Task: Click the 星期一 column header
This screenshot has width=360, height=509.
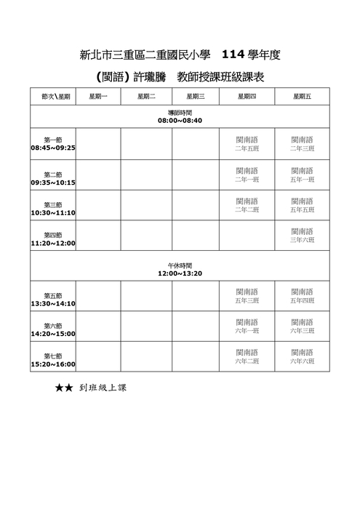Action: [98, 97]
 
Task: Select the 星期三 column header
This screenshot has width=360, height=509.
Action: [196, 97]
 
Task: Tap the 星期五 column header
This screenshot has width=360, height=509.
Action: [302, 97]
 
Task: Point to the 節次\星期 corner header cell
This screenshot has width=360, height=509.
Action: [53, 97]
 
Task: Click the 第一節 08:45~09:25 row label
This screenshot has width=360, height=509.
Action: [53, 143]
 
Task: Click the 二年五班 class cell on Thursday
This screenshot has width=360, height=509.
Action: [247, 143]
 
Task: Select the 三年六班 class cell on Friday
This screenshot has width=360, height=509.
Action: [302, 235]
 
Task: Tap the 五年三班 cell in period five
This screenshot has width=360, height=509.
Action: [247, 295]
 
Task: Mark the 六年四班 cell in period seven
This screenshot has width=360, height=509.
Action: [302, 356]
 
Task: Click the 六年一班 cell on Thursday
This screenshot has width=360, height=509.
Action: [247, 326]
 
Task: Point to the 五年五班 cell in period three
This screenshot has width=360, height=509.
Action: [302, 205]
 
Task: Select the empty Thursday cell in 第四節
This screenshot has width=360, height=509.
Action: [247, 235]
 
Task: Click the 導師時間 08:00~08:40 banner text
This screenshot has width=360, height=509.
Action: [180, 116]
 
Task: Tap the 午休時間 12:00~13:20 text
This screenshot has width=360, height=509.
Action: [180, 269]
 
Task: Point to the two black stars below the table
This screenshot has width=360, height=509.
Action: [63, 388]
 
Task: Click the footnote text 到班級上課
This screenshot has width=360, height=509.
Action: [103, 388]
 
